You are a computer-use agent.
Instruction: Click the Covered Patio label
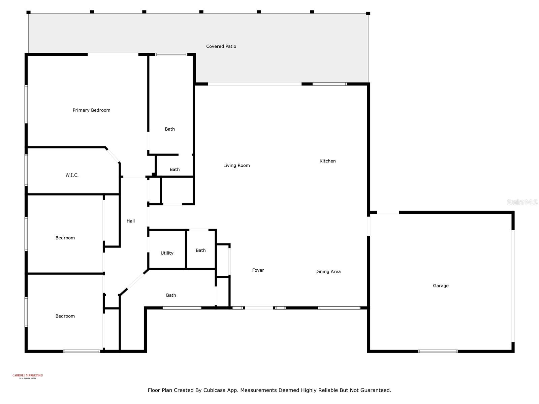tap(221, 46)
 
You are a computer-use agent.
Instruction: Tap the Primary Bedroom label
tap(91, 110)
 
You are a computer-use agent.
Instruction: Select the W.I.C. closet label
tap(72, 175)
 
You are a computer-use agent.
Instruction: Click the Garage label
tap(441, 286)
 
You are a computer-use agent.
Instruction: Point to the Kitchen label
tap(327, 161)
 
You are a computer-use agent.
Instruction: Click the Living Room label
tap(236, 165)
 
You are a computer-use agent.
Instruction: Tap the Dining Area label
tap(328, 272)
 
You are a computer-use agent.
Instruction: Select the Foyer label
tap(258, 270)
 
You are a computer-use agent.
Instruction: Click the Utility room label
tap(167, 253)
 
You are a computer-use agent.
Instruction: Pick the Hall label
tap(131, 221)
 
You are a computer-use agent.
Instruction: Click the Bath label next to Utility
tap(200, 250)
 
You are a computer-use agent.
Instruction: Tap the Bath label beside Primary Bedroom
tap(170, 129)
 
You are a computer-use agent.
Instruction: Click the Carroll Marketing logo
tap(28, 376)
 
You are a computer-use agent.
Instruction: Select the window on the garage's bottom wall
tap(438, 351)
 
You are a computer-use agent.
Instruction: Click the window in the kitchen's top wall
tap(329, 84)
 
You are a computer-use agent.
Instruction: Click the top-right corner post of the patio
tap(368, 13)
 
